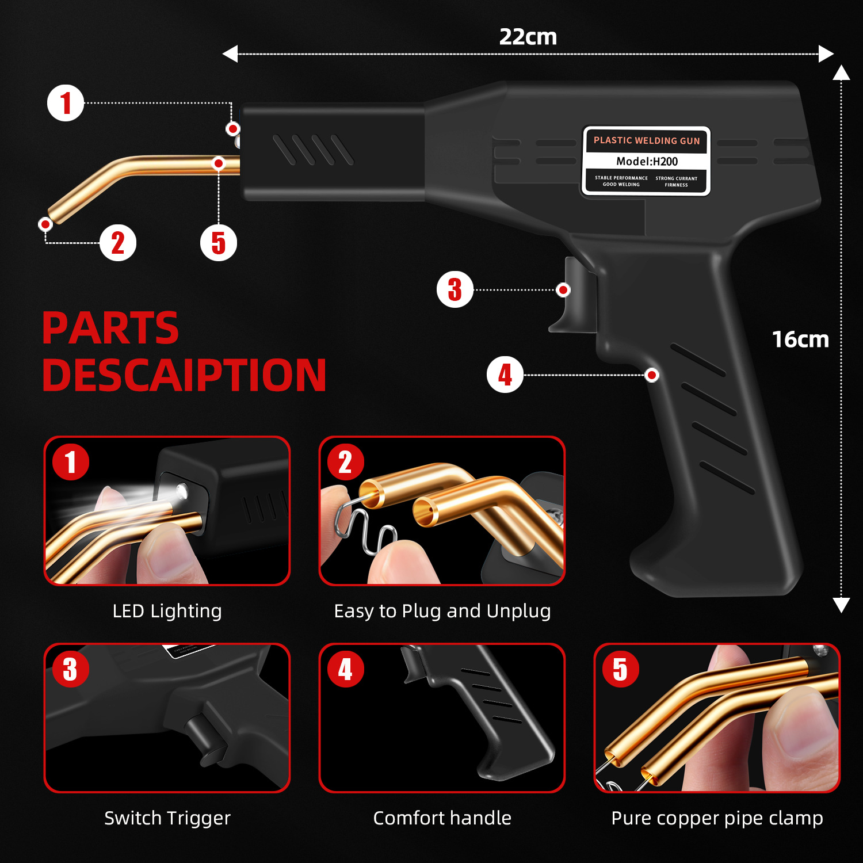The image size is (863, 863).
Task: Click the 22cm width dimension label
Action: point(528,37)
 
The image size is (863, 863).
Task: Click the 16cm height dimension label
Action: point(800,339)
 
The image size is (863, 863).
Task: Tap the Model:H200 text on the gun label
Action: point(647,162)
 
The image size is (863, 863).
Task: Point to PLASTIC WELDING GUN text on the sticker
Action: point(647,140)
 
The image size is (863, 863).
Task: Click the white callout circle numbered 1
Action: point(66,103)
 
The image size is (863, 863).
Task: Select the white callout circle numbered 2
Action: point(118,243)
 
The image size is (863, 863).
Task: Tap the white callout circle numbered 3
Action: point(455,289)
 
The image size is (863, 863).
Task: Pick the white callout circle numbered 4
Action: point(505,375)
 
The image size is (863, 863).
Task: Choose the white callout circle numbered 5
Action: point(218,243)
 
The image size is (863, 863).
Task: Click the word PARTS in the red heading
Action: point(110,329)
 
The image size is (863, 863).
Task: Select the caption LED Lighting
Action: point(167,611)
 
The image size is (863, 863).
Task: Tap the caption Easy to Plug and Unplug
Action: point(442,611)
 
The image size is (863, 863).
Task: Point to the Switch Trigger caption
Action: point(167,818)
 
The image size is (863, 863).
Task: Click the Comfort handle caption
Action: point(442,818)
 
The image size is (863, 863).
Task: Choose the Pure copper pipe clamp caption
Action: point(717,818)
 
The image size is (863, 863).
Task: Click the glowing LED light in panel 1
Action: point(181,491)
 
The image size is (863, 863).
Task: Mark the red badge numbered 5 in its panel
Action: point(620,669)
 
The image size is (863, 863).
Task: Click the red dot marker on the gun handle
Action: point(652,375)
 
